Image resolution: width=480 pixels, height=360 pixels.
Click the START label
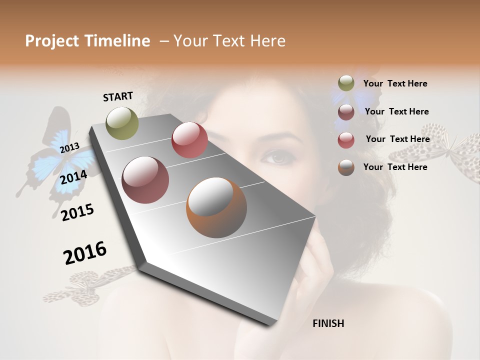click(x=118, y=96)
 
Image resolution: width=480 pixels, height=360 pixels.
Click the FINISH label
click(x=328, y=323)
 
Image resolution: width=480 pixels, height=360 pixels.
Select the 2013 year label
click(x=69, y=147)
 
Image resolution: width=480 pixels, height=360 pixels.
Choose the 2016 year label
click(x=85, y=253)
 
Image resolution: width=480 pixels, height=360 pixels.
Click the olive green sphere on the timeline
click(x=122, y=123)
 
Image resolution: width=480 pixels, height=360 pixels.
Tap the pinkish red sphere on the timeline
click(x=189, y=140)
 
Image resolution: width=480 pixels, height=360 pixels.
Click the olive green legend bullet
click(x=346, y=83)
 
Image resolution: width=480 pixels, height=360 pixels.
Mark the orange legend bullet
click(x=346, y=167)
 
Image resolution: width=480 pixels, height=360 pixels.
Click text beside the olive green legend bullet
click(x=395, y=83)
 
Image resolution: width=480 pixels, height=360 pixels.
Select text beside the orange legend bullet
click(x=395, y=167)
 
